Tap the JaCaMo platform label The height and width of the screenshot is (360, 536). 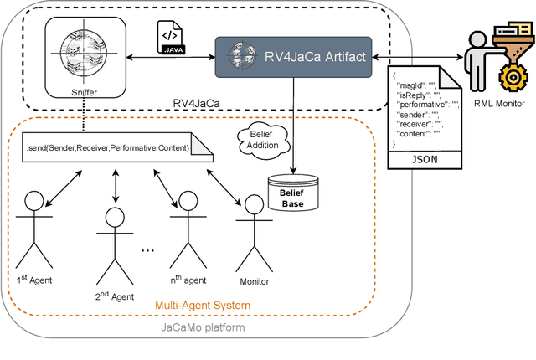pyautogui.click(x=200, y=327)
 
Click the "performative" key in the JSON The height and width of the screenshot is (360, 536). pyautogui.click(x=416, y=103)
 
